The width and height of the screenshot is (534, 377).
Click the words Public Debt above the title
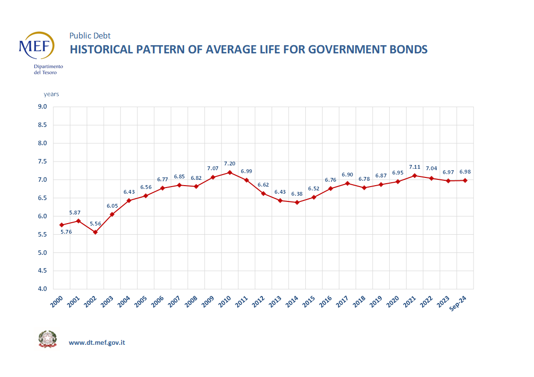[90, 36]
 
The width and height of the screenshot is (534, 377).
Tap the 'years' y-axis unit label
[51, 94]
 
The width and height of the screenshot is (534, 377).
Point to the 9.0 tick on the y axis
[42, 107]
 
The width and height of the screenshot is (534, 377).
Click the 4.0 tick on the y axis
[42, 289]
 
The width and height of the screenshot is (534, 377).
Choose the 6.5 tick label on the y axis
[42, 198]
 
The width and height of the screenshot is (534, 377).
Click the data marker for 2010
[229, 172]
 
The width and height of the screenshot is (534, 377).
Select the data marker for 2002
[95, 232]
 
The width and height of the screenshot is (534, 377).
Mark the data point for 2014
[297, 202]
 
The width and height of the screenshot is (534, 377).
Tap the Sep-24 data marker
[464, 180]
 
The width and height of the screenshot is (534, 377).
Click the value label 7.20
[229, 163]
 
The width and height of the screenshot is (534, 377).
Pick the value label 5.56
[95, 224]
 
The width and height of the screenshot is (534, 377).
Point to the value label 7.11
[414, 167]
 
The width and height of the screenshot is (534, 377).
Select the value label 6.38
[297, 194]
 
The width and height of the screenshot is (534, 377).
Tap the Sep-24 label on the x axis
[460, 304]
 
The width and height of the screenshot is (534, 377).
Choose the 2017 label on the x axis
[343, 302]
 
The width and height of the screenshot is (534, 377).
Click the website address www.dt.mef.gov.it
[97, 343]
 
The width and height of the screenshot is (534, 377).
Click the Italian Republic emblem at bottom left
[47, 339]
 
